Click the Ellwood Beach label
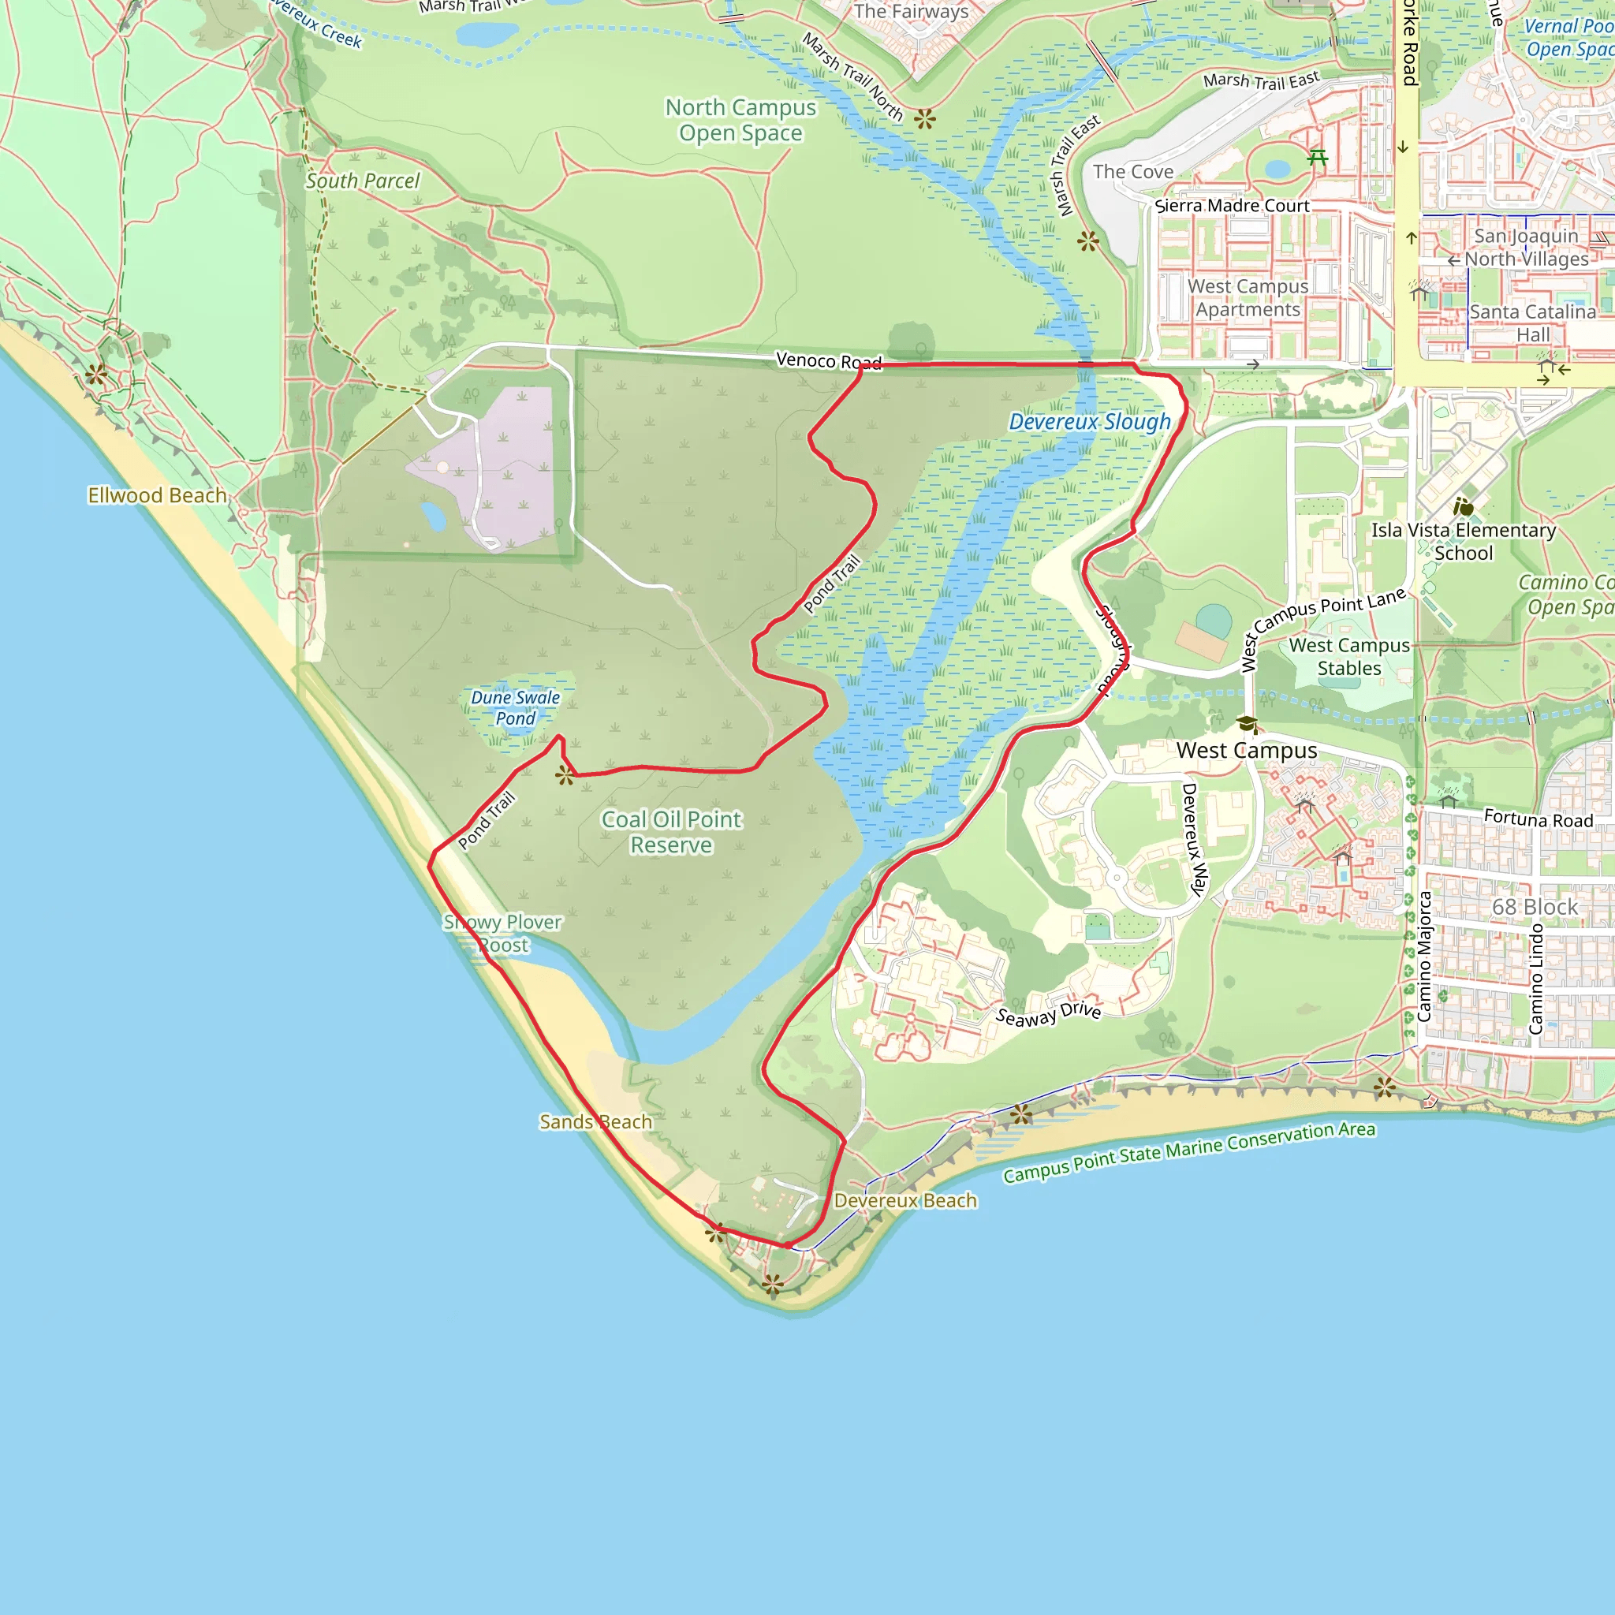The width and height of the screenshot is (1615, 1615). click(x=157, y=496)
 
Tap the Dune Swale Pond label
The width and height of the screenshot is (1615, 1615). click(x=515, y=708)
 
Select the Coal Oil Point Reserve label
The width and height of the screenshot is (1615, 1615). click(x=671, y=832)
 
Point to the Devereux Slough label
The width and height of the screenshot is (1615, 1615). click(x=1089, y=422)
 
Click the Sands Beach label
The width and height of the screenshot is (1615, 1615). click(x=595, y=1122)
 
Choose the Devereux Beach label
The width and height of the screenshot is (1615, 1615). click(x=905, y=1200)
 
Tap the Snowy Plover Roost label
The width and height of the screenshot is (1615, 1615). click(x=502, y=934)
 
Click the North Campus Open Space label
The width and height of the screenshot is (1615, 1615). click(x=740, y=121)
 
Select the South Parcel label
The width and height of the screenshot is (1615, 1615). click(x=362, y=181)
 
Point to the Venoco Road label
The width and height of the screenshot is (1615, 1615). click(x=829, y=361)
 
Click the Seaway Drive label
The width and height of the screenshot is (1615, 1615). click(x=1048, y=1014)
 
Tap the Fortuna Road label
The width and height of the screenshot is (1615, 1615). click(x=1538, y=819)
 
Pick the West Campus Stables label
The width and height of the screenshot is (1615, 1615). click(x=1349, y=657)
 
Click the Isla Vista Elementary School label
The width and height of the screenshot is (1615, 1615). click(x=1463, y=542)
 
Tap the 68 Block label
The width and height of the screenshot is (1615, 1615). click(x=1535, y=907)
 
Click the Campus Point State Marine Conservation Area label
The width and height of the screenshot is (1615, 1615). click(x=1188, y=1152)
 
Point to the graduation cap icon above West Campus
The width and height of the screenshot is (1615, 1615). click(x=1247, y=724)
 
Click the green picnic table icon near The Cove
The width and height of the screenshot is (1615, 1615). click(x=1318, y=156)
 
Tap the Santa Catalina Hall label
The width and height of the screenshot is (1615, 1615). click(x=1532, y=323)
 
